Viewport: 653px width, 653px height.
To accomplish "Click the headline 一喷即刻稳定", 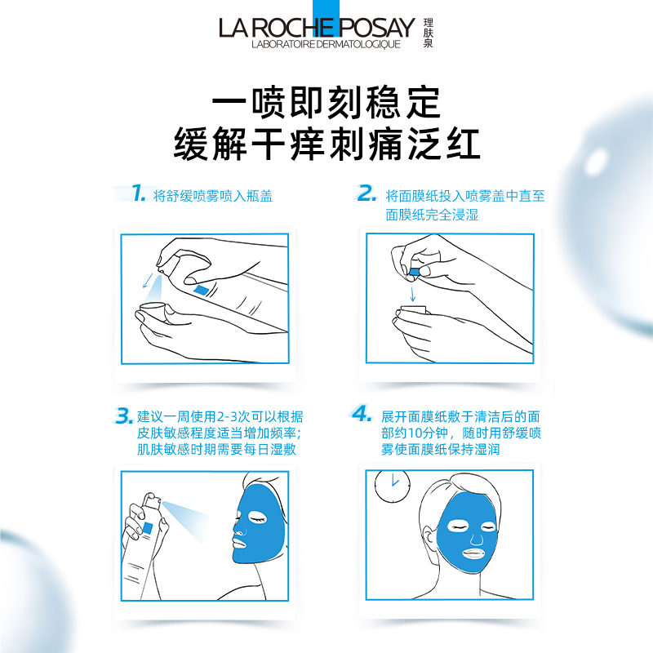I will [x=326, y=104].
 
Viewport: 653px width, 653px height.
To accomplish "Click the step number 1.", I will [x=138, y=194].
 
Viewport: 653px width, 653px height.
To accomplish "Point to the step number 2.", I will [x=366, y=194].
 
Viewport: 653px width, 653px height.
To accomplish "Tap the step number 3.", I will [x=124, y=416].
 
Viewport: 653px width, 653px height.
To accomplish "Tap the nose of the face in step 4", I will [x=476, y=536].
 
